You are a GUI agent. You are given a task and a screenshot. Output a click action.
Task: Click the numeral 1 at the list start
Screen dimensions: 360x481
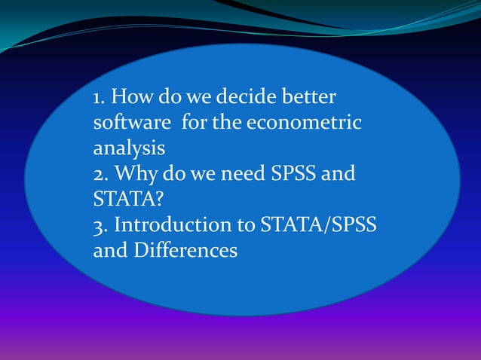(x=97, y=98)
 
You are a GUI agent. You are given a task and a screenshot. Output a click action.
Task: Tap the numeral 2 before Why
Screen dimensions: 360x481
(x=98, y=175)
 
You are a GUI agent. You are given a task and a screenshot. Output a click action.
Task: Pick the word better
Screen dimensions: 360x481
(x=309, y=98)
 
